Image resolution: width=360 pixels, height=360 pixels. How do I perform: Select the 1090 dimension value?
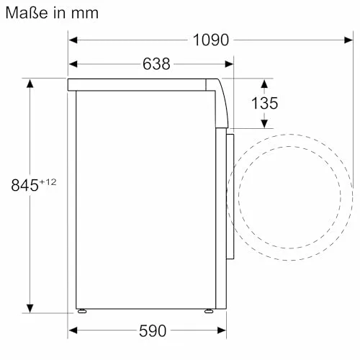210,40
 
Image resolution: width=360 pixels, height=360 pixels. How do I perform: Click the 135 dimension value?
264,103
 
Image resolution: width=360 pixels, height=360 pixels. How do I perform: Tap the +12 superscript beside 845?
48,181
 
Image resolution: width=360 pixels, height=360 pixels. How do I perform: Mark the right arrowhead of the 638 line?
219,64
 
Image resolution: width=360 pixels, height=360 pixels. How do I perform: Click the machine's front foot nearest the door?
208,311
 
